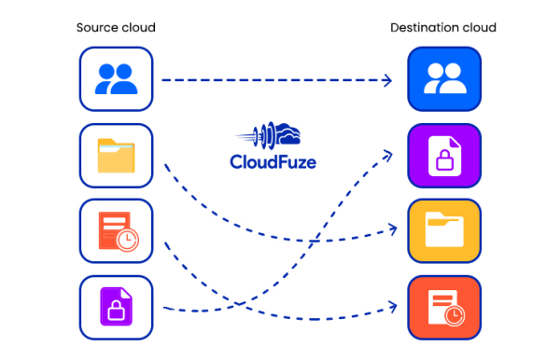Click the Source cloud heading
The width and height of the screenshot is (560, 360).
pos(116,28)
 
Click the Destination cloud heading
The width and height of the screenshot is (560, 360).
pos(442,28)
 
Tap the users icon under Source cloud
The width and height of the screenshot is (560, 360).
pos(116,80)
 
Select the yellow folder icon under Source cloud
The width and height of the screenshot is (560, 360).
pos(116,155)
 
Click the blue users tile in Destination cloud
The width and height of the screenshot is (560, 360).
pos(444,80)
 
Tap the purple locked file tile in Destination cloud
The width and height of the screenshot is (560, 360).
pos(444,155)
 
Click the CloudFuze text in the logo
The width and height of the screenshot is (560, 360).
pos(273,161)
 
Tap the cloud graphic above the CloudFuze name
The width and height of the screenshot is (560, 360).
pos(280,135)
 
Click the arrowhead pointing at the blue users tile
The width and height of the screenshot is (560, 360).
pos(387,80)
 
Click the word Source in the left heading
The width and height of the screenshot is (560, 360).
pos(96,28)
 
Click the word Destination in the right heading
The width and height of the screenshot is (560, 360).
pos(422,28)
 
